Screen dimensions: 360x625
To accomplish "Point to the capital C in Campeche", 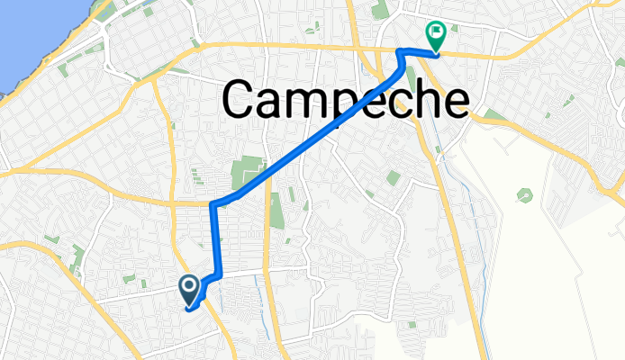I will click(x=242, y=99).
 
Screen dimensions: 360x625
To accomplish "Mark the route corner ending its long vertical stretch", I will click(x=213, y=206).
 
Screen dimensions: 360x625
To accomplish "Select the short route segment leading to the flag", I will click(x=420, y=51).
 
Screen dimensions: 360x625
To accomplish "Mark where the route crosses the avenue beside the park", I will click(x=267, y=177).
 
